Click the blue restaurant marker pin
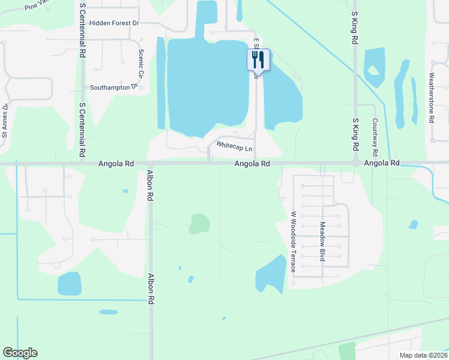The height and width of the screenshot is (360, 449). click(259, 59)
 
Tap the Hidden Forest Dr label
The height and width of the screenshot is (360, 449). click(114, 23)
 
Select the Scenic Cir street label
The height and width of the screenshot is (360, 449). click(142, 64)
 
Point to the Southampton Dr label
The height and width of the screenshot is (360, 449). click(114, 86)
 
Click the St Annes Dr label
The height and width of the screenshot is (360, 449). click(5, 121)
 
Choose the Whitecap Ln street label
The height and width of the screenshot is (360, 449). click(234, 146)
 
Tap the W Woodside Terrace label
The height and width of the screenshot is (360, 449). click(294, 242)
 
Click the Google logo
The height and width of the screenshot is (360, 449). click(20, 353)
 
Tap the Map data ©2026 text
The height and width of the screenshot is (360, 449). click(423, 355)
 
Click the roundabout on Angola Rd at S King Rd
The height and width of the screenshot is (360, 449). click(355, 163)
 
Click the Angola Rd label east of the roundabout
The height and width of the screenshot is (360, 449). click(382, 163)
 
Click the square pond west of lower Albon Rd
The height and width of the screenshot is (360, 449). click(69, 284)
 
